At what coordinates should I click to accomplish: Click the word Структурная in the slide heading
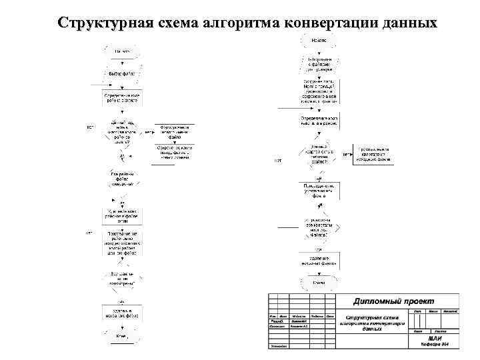100,23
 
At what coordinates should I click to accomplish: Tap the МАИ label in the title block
434,338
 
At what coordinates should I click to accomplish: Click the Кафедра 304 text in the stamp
434,345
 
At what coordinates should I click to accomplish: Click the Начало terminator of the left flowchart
122,51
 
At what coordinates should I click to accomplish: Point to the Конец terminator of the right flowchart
320,283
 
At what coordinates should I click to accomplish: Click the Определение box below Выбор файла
122,98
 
